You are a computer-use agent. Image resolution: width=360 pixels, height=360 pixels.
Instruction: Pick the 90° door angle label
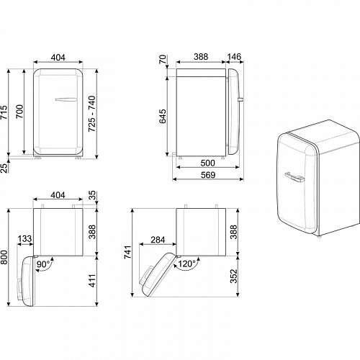pos(45,264)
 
